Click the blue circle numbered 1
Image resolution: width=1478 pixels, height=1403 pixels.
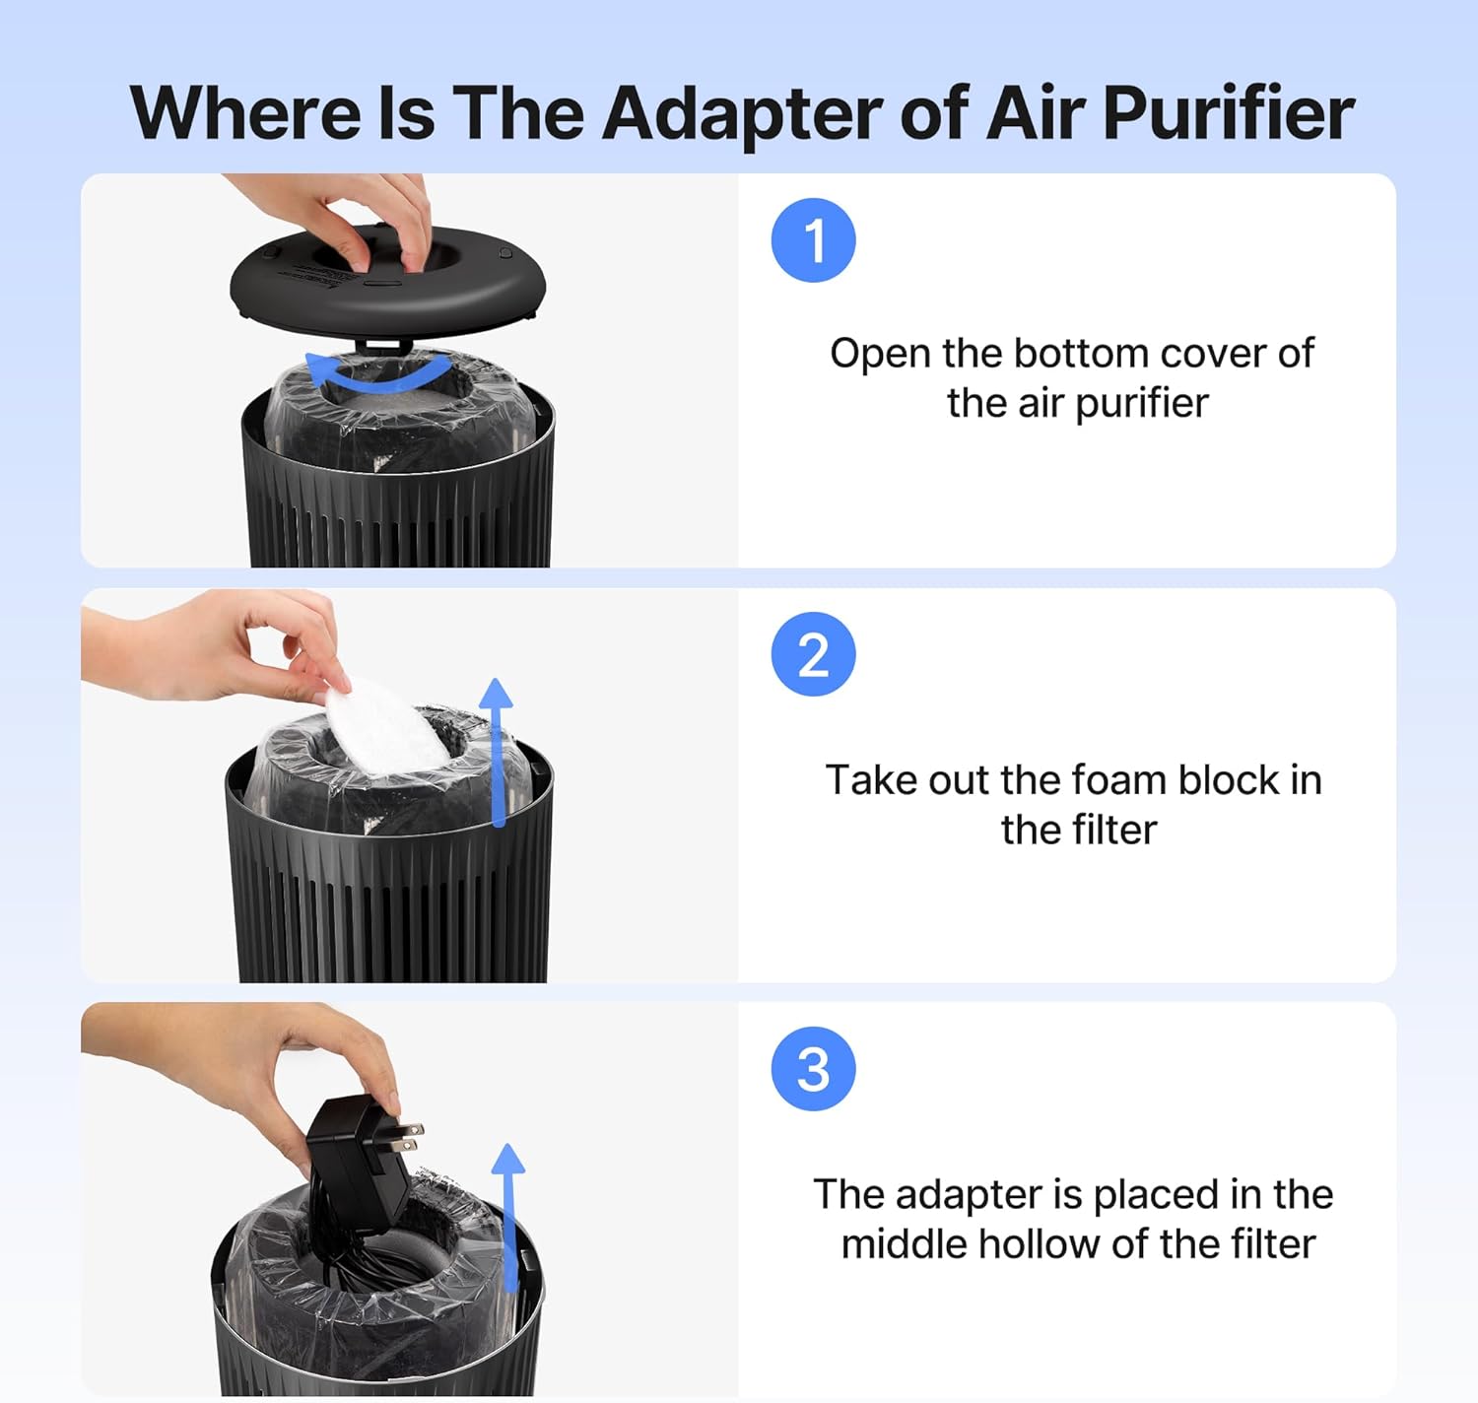click(x=813, y=240)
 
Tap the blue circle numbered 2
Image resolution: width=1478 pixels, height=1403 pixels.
click(x=813, y=654)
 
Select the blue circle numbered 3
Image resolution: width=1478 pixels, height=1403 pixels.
click(x=813, y=1069)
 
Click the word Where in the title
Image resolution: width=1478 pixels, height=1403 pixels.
click(x=245, y=114)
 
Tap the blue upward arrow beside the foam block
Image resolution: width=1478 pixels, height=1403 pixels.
click(x=498, y=749)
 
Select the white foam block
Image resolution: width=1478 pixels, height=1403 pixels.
click(x=384, y=729)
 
